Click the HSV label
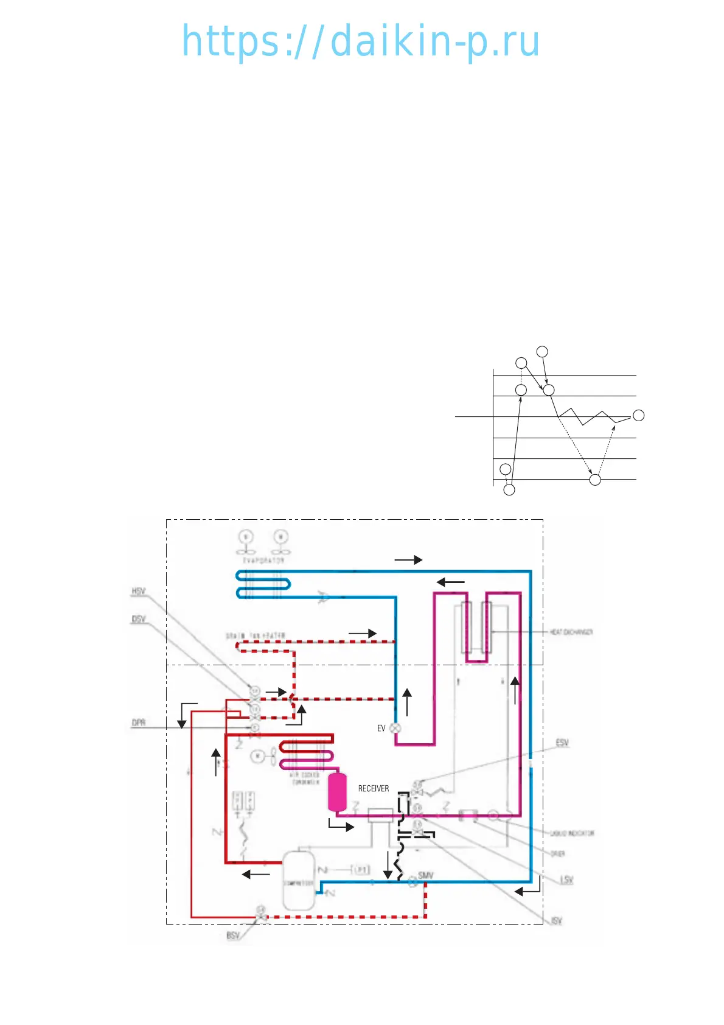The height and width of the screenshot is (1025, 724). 138,592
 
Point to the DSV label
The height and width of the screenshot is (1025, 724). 138,620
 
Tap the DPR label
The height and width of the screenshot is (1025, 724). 138,723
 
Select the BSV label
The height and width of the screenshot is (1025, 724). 233,936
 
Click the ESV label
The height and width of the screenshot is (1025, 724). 562,743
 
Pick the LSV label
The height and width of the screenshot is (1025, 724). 566,880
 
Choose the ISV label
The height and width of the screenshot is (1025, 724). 556,921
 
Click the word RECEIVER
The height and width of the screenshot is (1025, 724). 373,788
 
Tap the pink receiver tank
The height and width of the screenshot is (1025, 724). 337,791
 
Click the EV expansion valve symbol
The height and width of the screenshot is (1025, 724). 395,728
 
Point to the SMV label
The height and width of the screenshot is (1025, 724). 426,875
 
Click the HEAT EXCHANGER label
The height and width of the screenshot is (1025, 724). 571,632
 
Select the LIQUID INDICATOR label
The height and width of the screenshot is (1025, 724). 572,833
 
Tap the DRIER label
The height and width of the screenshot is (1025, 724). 558,854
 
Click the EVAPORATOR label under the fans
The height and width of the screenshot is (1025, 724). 263,560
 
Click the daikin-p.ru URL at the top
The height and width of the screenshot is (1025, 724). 361,41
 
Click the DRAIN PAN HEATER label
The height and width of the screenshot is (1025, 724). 256,636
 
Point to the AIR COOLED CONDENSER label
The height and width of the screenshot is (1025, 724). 304,778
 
